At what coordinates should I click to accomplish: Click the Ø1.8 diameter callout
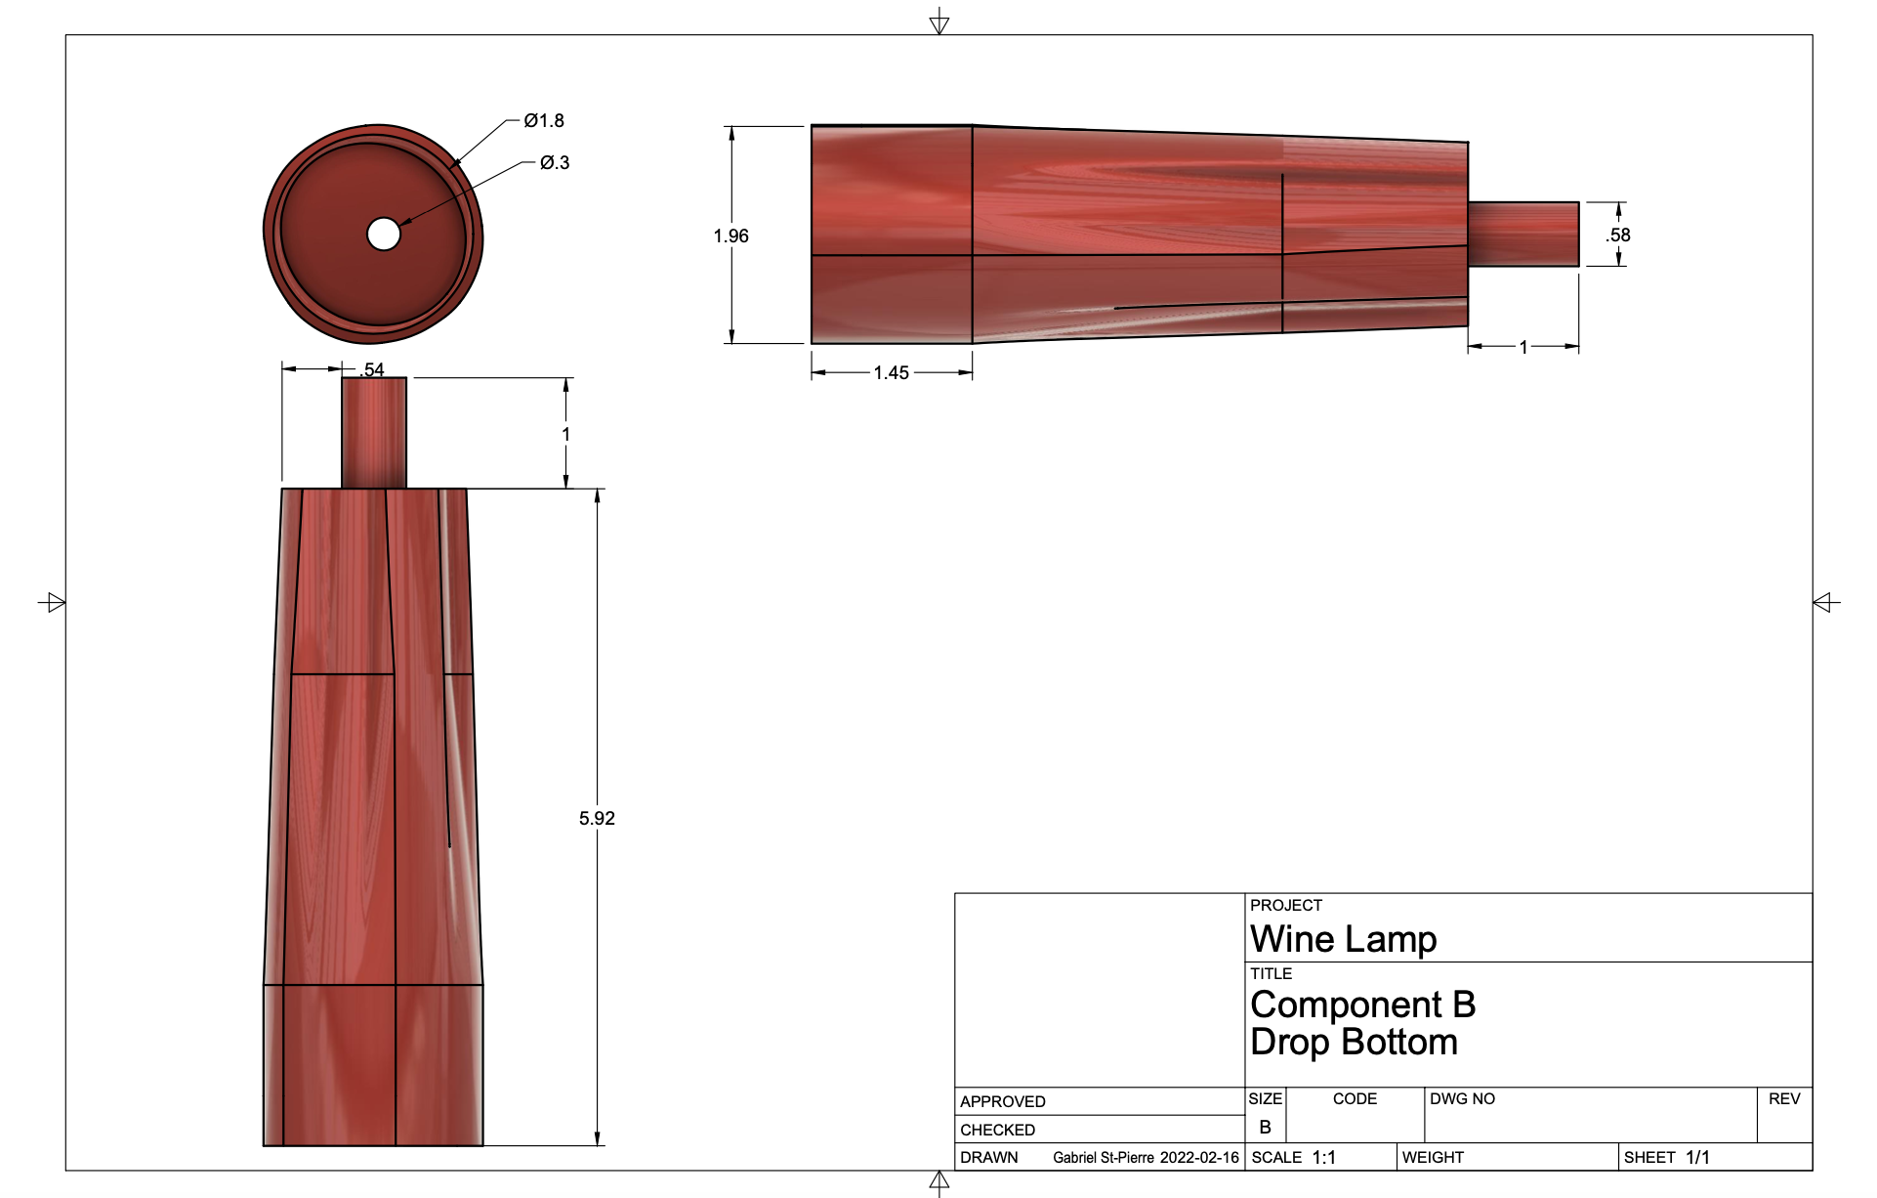544,121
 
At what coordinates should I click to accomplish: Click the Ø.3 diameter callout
555,163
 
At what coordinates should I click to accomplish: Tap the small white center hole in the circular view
384,235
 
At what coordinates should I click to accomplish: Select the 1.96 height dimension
730,236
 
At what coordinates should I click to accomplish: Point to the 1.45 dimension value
891,373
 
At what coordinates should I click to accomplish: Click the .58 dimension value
1618,235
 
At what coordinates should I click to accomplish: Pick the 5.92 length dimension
597,819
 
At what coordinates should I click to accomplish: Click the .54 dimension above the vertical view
372,369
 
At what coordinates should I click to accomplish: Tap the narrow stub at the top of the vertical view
374,433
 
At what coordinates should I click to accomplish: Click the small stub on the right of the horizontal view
1522,235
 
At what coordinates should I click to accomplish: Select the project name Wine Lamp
1343,939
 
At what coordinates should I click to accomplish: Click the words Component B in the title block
1362,1005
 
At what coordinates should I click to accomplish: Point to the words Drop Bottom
1354,1043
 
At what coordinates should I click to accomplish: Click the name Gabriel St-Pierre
1104,1158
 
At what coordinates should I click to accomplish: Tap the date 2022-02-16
1199,1158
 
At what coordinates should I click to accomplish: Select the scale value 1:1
1323,1158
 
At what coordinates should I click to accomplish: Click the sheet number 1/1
1697,1158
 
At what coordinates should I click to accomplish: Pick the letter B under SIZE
1265,1128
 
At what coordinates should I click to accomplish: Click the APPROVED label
1002,1102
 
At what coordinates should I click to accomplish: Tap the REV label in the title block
1783,1099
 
